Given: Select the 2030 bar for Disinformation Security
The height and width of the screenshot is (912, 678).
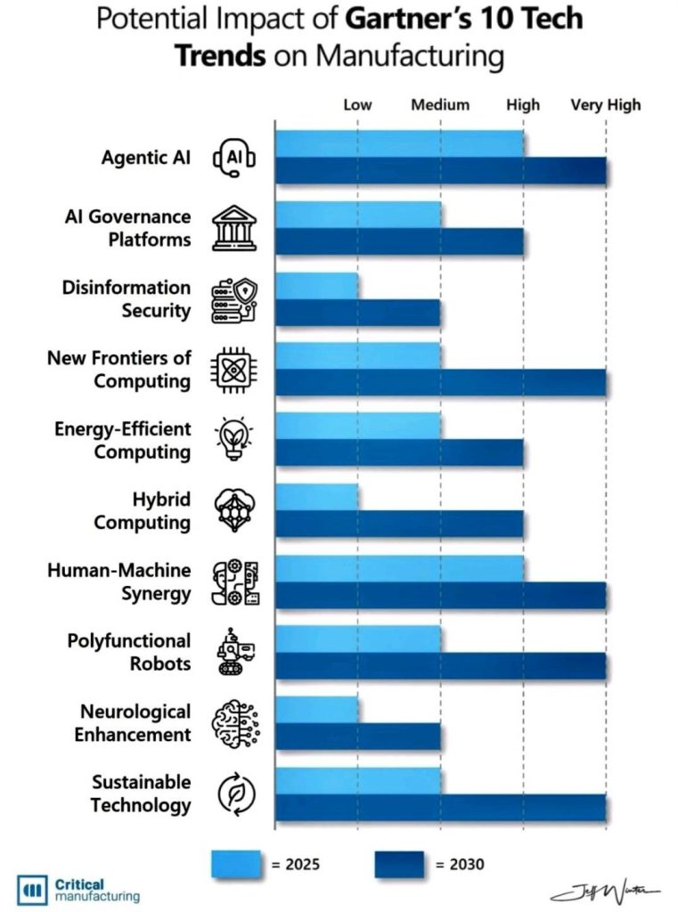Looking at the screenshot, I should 357,313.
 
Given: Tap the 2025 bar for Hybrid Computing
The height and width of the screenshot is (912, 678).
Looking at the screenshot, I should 316,497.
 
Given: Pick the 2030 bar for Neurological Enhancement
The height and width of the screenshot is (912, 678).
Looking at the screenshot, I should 357,737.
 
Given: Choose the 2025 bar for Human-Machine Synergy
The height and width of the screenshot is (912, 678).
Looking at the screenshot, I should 399,567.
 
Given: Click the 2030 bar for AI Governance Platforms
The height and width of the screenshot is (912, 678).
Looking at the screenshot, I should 399,242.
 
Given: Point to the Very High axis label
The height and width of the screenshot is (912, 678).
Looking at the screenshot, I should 606,105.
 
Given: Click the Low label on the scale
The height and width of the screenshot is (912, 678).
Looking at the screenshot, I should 357,105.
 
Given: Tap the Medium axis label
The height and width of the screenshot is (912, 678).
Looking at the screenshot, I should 440,105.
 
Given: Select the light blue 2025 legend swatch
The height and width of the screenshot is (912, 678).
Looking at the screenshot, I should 236,863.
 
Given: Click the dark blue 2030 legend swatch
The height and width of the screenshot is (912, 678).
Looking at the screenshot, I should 400,863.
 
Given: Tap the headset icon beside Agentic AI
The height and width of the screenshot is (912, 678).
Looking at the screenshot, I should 234,159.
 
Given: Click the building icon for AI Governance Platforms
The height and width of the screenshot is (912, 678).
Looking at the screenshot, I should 234,228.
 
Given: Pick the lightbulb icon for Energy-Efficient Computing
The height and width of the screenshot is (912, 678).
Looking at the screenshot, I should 234,440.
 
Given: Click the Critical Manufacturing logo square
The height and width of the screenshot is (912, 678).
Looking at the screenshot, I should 32,890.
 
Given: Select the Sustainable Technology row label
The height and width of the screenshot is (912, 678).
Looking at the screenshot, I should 141,794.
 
